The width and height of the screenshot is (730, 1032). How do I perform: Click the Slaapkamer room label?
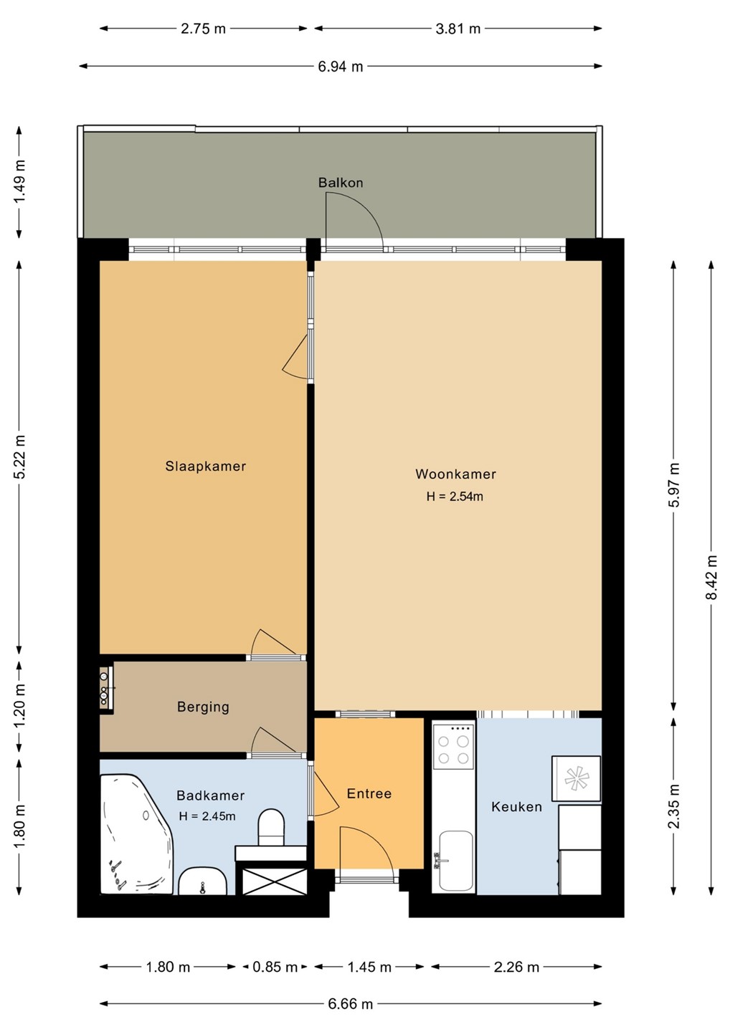pyautogui.click(x=206, y=467)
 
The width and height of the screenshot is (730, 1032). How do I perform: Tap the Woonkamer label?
pyautogui.click(x=455, y=474)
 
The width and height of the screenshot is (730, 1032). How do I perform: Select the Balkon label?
pyautogui.click(x=341, y=183)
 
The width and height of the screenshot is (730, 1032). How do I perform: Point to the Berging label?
pyautogui.click(x=203, y=707)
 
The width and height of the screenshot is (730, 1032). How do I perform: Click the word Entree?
pyautogui.click(x=369, y=793)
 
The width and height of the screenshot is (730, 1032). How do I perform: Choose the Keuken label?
pyautogui.click(x=516, y=807)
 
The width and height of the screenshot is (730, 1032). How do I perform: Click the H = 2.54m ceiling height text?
pyautogui.click(x=455, y=496)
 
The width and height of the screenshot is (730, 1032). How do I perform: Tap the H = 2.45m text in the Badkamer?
pyautogui.click(x=207, y=816)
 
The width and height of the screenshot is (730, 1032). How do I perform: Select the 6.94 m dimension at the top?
pyautogui.click(x=341, y=67)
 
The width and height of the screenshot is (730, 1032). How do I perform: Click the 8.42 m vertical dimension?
pyautogui.click(x=711, y=577)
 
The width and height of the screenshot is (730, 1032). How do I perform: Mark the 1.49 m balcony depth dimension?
pyautogui.click(x=19, y=183)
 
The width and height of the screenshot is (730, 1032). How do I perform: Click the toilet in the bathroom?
pyautogui.click(x=271, y=828)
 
